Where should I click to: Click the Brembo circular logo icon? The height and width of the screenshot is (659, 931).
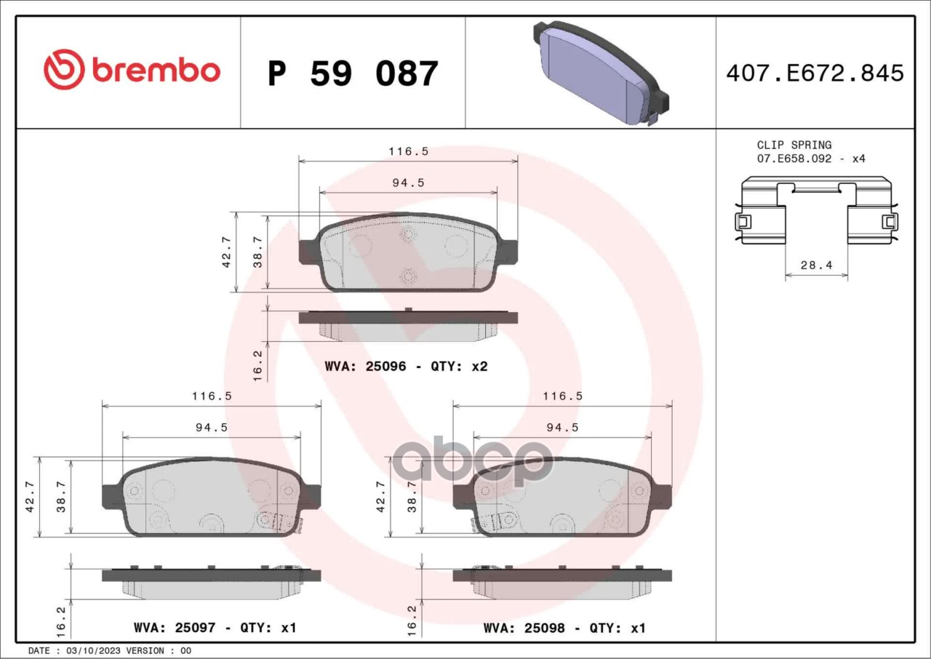point(65,69)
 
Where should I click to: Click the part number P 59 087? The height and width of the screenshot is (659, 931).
point(353,74)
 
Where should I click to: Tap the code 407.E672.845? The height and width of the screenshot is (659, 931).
point(815,73)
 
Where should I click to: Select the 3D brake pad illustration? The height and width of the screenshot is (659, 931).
point(601,73)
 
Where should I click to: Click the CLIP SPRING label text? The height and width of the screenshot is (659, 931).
point(794,145)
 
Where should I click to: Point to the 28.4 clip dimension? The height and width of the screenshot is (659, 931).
point(817,265)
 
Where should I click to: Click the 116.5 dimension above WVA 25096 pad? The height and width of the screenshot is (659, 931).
point(409,152)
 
